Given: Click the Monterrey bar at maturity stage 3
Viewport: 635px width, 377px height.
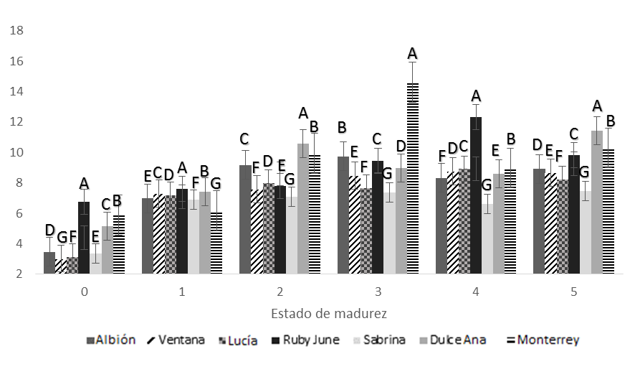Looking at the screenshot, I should (412, 180).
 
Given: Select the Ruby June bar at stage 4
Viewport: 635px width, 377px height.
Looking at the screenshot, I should (476, 197).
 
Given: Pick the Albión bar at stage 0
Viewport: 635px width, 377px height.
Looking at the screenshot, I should (49, 264).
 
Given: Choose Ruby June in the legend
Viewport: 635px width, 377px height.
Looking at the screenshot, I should (308, 340).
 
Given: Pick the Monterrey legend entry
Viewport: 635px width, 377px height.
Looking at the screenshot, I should (547, 340).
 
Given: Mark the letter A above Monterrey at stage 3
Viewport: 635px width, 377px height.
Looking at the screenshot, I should (412, 53).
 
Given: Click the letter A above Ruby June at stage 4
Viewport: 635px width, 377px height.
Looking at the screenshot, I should (476, 96).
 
